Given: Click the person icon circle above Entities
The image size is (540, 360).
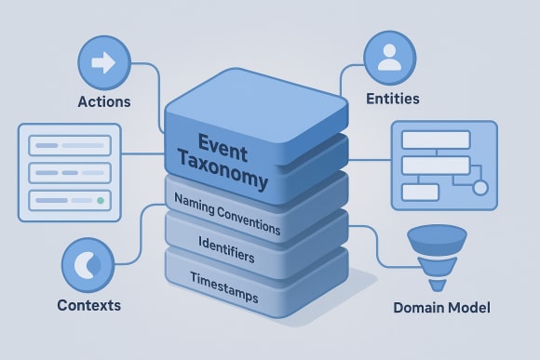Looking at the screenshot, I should tap(390, 56).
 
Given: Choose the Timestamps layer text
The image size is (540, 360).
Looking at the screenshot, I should tap(224, 276).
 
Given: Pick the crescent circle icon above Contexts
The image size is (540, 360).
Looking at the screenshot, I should tap(88, 264).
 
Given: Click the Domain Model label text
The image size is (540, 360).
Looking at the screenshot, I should tap(441, 308).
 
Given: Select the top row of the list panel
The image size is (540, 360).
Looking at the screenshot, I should tap(70, 145).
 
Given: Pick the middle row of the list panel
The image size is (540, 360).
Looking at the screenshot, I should tap(70, 173).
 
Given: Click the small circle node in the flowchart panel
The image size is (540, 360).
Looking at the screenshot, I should tap(480, 188).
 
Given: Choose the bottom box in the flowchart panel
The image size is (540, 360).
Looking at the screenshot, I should tap(419, 193).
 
